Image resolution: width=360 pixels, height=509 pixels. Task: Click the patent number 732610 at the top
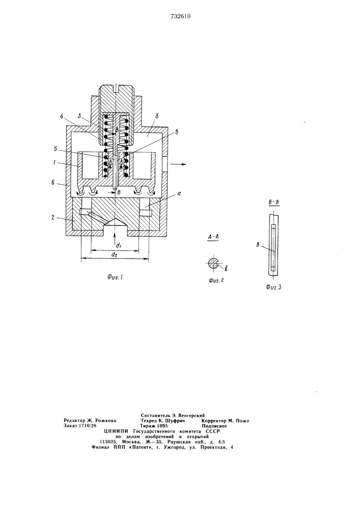(180, 17)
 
